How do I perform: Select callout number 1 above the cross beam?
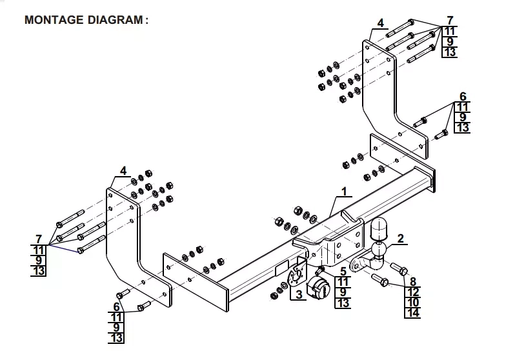click(x=344, y=191)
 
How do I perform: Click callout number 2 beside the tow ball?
click(x=400, y=239)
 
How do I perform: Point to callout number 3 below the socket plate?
click(x=298, y=295)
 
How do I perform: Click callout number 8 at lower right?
click(x=413, y=281)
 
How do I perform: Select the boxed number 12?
click(x=413, y=292)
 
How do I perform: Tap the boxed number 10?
click(x=413, y=303)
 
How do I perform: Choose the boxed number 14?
click(x=413, y=314)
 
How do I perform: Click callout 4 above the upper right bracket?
click(x=381, y=23)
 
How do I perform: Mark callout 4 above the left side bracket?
click(x=123, y=171)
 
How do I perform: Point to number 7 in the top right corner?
click(x=450, y=20)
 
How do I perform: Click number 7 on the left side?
click(x=39, y=239)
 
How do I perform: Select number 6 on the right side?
click(x=462, y=97)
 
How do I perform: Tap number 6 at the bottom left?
click(x=117, y=306)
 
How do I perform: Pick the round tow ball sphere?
click(x=378, y=250)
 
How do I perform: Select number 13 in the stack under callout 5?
click(x=343, y=303)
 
